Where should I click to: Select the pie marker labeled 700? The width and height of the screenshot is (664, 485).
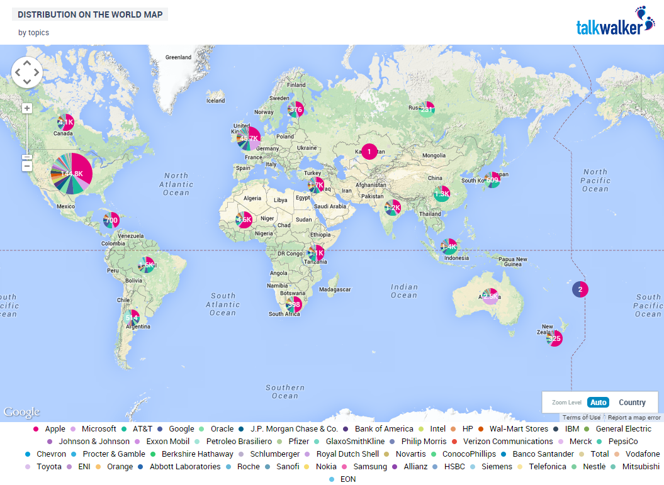click(x=111, y=220)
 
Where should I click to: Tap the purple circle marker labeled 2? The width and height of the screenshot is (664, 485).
click(x=580, y=289)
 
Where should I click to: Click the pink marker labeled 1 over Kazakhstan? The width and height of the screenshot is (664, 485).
click(x=369, y=151)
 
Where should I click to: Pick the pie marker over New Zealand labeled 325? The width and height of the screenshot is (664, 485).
click(x=554, y=338)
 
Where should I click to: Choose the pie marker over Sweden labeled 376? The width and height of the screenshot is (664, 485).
click(x=296, y=109)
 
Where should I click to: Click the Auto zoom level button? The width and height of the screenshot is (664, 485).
click(x=598, y=403)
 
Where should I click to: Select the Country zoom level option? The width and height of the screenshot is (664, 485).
click(x=632, y=403)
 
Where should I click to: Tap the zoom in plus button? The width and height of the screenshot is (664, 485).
click(x=27, y=108)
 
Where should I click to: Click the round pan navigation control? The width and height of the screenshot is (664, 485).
click(x=27, y=72)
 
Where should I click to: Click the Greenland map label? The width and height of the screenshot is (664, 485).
click(x=178, y=57)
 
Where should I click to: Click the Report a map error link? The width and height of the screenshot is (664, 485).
click(x=634, y=418)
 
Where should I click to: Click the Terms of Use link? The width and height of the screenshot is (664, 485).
click(x=581, y=418)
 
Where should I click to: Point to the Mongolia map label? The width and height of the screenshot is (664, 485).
click(x=434, y=155)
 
